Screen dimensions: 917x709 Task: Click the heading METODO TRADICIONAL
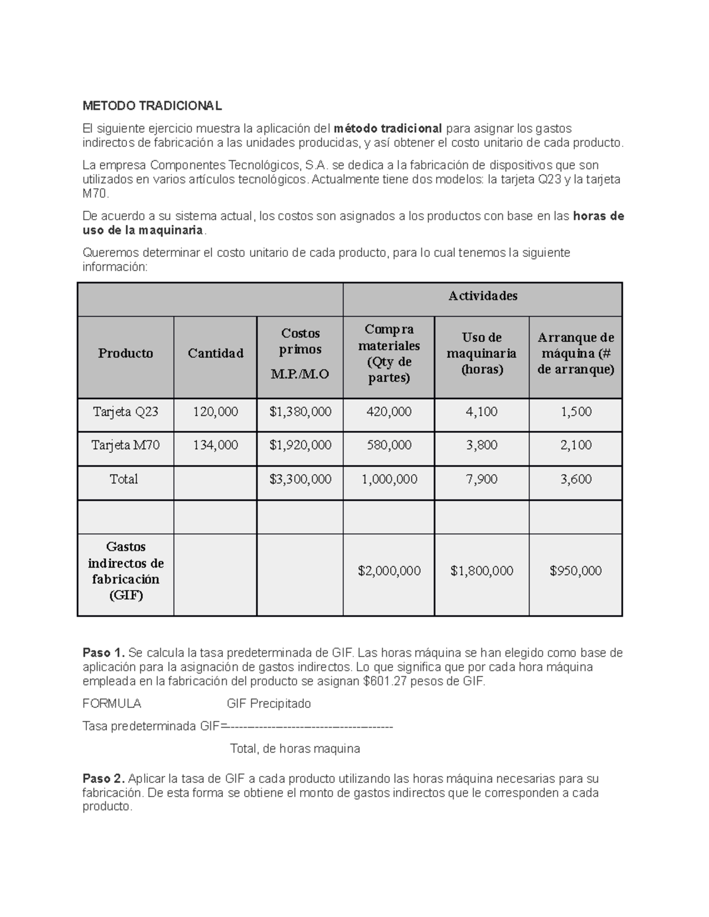[152, 106]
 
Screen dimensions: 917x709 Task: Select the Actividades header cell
[483, 296]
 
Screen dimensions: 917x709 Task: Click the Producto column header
[125, 354]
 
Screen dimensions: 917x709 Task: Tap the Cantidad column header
[215, 354]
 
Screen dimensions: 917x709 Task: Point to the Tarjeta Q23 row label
[125, 412]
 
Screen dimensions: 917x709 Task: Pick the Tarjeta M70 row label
[125, 445]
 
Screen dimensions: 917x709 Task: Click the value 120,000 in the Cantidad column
[215, 412]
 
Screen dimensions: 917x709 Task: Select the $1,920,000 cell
[300, 445]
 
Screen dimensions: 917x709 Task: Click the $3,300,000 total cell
[300, 479]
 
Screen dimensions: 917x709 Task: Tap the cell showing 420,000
[389, 412]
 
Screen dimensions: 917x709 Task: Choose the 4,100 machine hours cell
[482, 412]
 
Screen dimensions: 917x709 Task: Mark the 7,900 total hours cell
[482, 479]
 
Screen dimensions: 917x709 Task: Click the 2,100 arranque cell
[575, 445]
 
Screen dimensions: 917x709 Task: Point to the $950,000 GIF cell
[575, 571]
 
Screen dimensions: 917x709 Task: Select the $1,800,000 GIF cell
[482, 571]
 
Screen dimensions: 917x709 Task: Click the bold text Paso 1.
[103, 653]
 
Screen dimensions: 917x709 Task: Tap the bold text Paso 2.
[103, 779]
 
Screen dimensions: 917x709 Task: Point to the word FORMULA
[112, 704]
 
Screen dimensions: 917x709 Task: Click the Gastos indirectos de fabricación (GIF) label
[125, 571]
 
